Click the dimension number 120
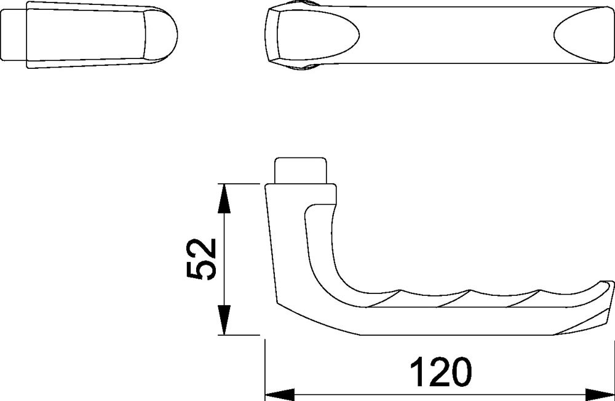(x=440, y=371)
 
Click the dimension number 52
(x=201, y=259)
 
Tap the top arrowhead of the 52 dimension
(x=224, y=199)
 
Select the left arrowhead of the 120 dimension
(x=280, y=394)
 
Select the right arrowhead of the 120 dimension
(x=600, y=394)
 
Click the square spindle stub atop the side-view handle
(x=301, y=171)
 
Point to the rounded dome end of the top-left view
(x=161, y=34)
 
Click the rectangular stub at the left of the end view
(x=14, y=34)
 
